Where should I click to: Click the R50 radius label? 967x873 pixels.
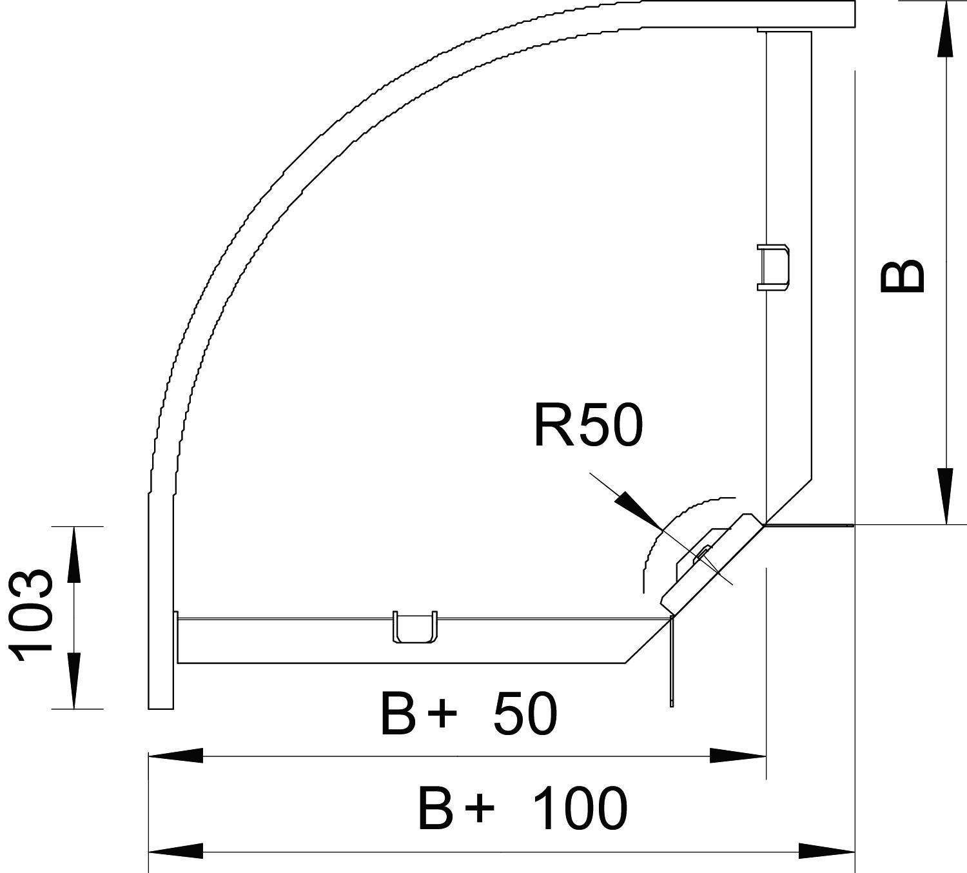588,426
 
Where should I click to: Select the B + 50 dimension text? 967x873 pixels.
468,714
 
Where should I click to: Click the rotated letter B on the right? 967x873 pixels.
903,276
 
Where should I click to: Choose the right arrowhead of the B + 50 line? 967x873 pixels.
739,755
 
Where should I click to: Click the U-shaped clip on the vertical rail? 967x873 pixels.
774,268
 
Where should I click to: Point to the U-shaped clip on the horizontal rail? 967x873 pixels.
415,626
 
